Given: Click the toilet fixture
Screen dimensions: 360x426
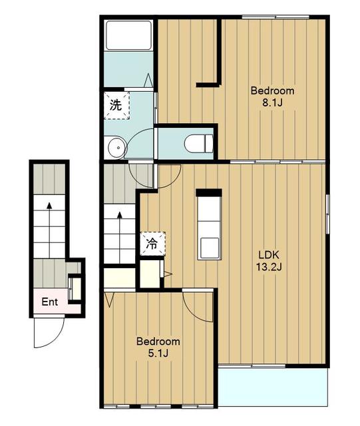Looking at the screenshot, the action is click(198, 144).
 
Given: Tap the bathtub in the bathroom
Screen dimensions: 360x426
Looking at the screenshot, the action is click(129, 35).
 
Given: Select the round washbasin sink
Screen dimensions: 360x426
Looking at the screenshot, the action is click(118, 148).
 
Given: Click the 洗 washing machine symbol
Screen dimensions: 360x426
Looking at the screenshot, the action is click(116, 105).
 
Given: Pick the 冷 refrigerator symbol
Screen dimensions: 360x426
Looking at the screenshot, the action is click(152, 244).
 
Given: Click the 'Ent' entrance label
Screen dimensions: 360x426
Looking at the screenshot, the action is click(50, 302).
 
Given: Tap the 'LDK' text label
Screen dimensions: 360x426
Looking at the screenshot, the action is click(269, 255).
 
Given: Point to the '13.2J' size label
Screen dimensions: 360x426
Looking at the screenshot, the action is click(269, 268).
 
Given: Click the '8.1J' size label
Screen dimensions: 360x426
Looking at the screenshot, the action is click(272, 103).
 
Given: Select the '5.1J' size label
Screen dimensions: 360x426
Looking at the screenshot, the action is click(158, 353).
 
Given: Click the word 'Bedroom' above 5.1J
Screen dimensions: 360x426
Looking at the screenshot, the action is click(158, 341).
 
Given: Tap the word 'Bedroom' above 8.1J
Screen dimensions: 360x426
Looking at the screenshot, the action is click(272, 91).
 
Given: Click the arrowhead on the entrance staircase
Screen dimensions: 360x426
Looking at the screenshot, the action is click(49, 206).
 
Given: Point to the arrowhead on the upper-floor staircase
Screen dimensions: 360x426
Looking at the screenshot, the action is click(120, 215).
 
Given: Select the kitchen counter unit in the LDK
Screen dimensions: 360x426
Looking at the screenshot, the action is click(209, 225).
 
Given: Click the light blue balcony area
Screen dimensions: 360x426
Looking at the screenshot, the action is click(273, 387).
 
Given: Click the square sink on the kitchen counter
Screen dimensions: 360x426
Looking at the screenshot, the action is click(209, 248).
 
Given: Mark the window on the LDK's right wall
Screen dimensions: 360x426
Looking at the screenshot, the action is click(327, 214).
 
